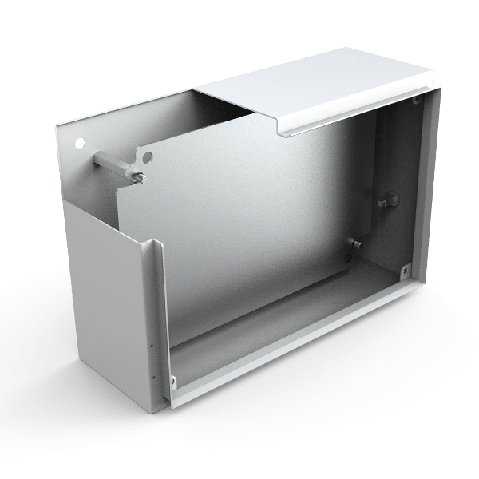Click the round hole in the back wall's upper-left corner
[x=78, y=143]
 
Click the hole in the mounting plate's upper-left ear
[x=146, y=156]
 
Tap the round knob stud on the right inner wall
[x=390, y=199]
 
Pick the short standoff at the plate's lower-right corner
[x=356, y=243]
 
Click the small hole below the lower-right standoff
[x=350, y=257]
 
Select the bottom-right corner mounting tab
[x=406, y=271]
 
